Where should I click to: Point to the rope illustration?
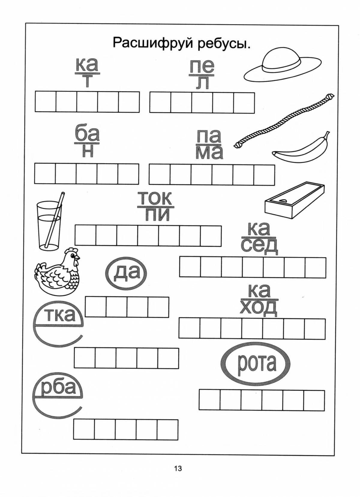pyautogui.click(x=284, y=121)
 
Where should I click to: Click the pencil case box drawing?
pyautogui.click(x=295, y=201)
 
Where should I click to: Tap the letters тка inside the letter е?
pyautogui.click(x=61, y=315)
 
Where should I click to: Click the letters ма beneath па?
pyautogui.click(x=209, y=153)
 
